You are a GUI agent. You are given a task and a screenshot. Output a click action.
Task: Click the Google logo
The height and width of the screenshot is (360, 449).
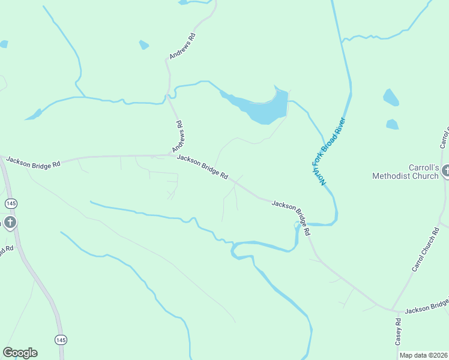[20, 353]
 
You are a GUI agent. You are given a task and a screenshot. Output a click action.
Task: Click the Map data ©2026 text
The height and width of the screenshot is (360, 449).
[423, 355]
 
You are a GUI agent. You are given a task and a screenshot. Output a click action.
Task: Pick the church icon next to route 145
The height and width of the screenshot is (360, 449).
[10, 223]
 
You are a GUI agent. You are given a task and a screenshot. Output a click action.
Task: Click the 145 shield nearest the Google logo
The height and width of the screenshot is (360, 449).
[60, 340]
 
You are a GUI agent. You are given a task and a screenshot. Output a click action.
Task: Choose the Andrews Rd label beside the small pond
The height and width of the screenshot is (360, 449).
[183, 46]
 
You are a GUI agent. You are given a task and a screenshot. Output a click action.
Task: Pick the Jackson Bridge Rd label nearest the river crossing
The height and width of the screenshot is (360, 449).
[291, 217]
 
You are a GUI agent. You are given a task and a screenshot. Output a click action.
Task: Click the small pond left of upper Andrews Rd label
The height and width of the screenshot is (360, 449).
[143, 45]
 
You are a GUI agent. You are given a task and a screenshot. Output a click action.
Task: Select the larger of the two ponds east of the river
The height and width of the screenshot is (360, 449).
[391, 97]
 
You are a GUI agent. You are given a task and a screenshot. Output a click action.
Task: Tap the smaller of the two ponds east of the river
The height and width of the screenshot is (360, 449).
[392, 124]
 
